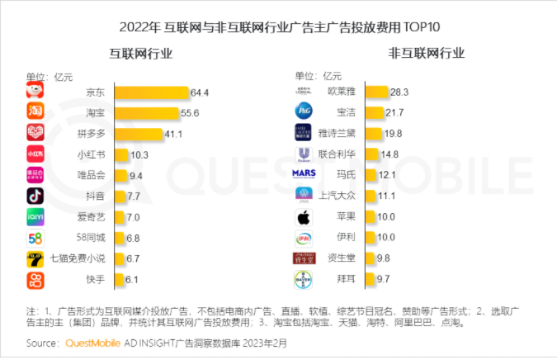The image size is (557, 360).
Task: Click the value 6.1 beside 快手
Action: pos(131,280)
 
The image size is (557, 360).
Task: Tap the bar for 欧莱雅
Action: pos(377,91)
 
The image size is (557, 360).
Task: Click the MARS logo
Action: pos(303,174)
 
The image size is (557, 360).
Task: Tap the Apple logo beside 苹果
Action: pos(303,217)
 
